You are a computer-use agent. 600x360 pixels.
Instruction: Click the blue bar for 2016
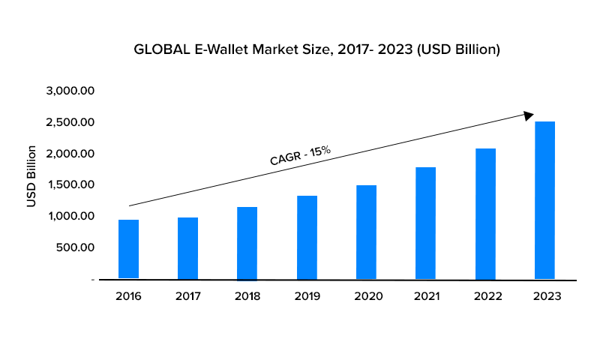pyautogui.click(x=128, y=249)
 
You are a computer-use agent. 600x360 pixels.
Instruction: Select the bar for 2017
pyautogui.click(x=187, y=248)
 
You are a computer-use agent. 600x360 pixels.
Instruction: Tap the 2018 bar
pyautogui.click(x=247, y=243)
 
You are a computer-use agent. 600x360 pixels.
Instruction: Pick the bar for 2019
pyautogui.click(x=307, y=237)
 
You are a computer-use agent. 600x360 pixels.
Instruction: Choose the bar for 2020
pyautogui.click(x=366, y=232)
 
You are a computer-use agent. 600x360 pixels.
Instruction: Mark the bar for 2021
pyautogui.click(x=425, y=223)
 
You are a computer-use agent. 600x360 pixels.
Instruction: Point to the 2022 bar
pyautogui.click(x=485, y=214)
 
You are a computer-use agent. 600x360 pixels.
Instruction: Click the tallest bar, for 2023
pyautogui.click(x=544, y=200)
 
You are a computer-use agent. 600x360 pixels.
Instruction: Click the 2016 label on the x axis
pyautogui.click(x=128, y=296)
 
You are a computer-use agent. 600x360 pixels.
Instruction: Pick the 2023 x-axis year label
pyautogui.click(x=544, y=296)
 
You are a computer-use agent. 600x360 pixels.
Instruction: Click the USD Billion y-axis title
pyautogui.click(x=32, y=176)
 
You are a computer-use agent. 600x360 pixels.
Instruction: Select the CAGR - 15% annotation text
pyautogui.click(x=300, y=155)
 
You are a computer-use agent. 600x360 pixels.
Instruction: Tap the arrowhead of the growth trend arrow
pyautogui.click(x=529, y=115)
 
